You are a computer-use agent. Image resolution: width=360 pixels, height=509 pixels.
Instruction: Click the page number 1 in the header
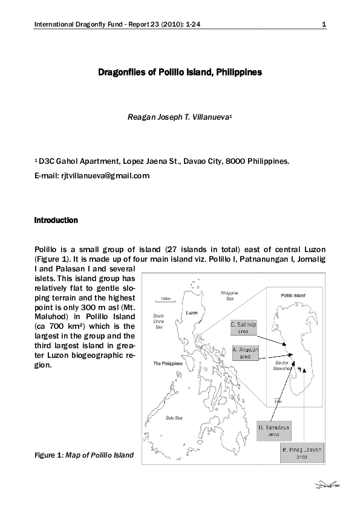pyautogui.click(x=324, y=25)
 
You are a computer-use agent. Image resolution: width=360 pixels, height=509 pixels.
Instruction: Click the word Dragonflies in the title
pyautogui.click(x=120, y=72)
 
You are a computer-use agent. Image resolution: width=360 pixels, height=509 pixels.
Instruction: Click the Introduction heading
pyautogui.click(x=56, y=220)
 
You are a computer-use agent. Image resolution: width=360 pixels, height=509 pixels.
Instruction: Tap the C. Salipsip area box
pyautogui.click(x=244, y=328)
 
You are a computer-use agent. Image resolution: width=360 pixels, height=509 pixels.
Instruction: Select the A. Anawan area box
pyautogui.click(x=245, y=353)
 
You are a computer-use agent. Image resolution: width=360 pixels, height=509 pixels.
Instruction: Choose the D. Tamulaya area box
pyautogui.click(x=273, y=431)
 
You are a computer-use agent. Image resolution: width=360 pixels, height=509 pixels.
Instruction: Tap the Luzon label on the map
pyautogui.click(x=191, y=313)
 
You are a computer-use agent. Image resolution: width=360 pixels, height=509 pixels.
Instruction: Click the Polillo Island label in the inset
pyautogui.click(x=293, y=296)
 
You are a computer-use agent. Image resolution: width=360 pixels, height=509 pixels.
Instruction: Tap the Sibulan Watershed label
pyautogui.click(x=283, y=365)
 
